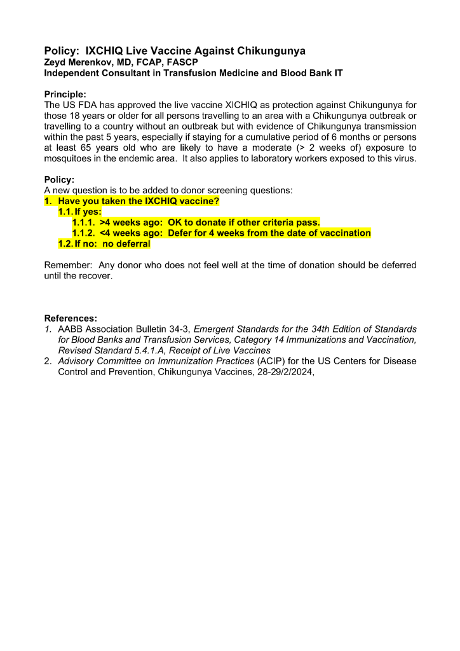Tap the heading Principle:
65,93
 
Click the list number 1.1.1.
83,223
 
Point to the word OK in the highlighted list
175,223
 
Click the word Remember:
68,265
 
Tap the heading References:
71,318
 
